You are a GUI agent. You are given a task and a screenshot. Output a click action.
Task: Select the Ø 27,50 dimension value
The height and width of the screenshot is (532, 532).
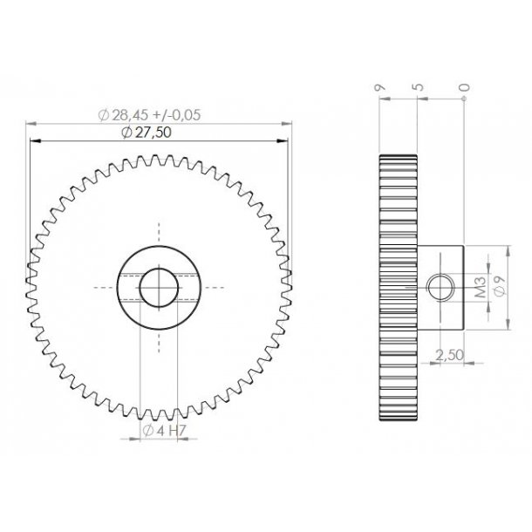click(x=158, y=132)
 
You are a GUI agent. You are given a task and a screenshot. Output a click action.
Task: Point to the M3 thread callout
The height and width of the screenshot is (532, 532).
click(x=479, y=287)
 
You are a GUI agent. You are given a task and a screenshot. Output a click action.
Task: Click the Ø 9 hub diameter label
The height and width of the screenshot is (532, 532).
click(x=498, y=287)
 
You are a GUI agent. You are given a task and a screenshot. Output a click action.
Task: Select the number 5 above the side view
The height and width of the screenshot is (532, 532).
click(x=419, y=87)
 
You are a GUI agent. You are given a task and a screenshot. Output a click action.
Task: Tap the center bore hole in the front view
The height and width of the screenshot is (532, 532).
click(x=159, y=286)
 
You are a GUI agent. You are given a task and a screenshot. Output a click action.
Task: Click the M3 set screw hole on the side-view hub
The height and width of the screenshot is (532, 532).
click(x=440, y=287)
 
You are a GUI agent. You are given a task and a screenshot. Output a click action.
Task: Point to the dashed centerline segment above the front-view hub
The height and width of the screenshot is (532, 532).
click(x=159, y=232)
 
